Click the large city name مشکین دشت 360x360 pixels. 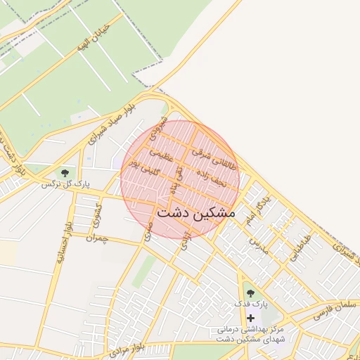pyautogui.click(x=197, y=212)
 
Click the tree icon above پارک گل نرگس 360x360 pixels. pyautogui.click(x=65, y=172)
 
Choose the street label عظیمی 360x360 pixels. pyautogui.click(x=160, y=153)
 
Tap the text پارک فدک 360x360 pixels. pyautogui.click(x=251, y=305)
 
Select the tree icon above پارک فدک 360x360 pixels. pyautogui.click(x=250, y=292)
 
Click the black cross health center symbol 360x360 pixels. pyautogui.click(x=250, y=318)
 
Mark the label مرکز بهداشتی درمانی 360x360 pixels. pyautogui.click(x=250, y=329)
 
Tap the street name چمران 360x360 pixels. pyautogui.click(x=100, y=238)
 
